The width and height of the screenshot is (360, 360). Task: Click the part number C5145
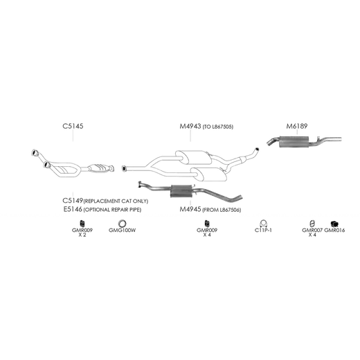(x=73, y=126)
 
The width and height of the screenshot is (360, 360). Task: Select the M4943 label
(x=190, y=127)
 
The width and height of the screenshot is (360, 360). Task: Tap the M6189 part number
(x=297, y=126)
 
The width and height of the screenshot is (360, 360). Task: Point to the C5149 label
(x=73, y=201)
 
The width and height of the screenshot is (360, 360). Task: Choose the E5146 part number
(x=73, y=209)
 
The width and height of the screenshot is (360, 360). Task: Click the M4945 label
(x=190, y=209)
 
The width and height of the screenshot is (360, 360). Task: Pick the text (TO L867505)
(x=218, y=127)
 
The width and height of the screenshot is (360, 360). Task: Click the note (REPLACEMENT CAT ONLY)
(x=116, y=201)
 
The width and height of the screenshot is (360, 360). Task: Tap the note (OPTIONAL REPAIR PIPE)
(x=112, y=210)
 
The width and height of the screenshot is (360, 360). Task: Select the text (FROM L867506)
(x=222, y=210)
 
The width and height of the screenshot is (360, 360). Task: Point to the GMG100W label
(x=122, y=231)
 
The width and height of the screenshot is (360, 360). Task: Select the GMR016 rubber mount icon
(x=334, y=224)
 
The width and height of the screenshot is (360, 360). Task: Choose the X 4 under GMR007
(x=312, y=235)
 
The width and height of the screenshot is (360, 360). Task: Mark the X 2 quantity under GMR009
(x=82, y=235)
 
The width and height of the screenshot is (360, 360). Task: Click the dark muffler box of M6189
(x=294, y=142)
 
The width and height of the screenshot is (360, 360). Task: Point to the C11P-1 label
(x=263, y=231)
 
